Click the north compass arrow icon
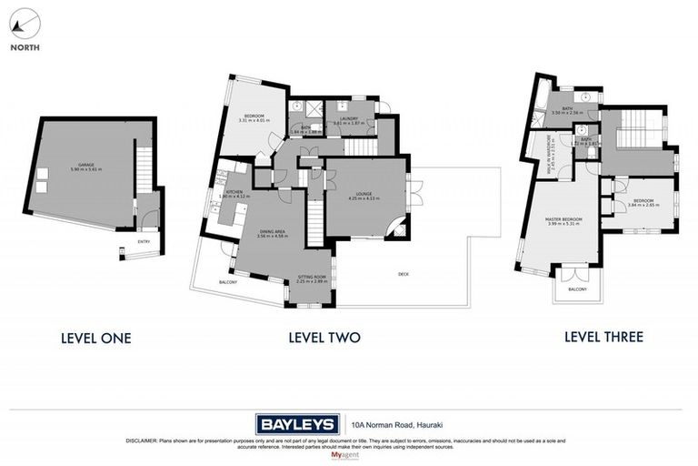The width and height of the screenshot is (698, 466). click(x=25, y=24)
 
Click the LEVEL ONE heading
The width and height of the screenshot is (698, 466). click(x=95, y=338)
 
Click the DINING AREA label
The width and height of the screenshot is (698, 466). click(x=273, y=233)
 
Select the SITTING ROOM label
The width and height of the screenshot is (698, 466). click(x=311, y=277)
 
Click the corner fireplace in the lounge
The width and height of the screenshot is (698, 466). click(x=397, y=230)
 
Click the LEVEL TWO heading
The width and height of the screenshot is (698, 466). click(x=324, y=338)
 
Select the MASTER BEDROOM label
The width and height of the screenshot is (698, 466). click(x=564, y=220)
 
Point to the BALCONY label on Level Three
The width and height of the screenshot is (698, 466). click(x=578, y=289)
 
